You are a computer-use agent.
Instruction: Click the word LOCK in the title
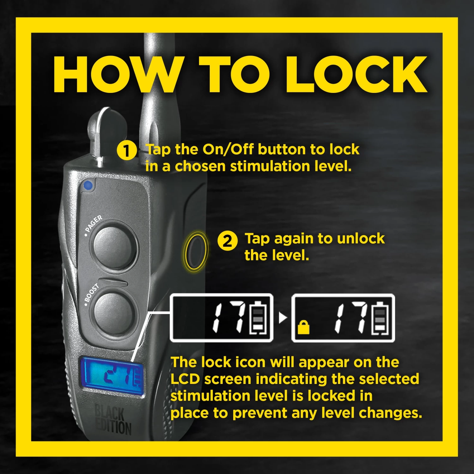click(356, 74)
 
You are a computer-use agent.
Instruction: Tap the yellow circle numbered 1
click(127, 150)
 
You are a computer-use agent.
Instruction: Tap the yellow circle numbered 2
click(228, 241)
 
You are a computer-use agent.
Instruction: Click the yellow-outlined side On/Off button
click(196, 251)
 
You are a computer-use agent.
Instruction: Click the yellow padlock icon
click(303, 327)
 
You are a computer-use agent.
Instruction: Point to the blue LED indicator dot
click(88, 185)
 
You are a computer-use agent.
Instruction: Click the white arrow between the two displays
click(283, 318)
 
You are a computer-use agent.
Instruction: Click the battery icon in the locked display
click(380, 318)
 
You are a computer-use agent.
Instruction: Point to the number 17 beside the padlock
click(350, 317)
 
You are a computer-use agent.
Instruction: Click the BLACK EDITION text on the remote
click(113, 420)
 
